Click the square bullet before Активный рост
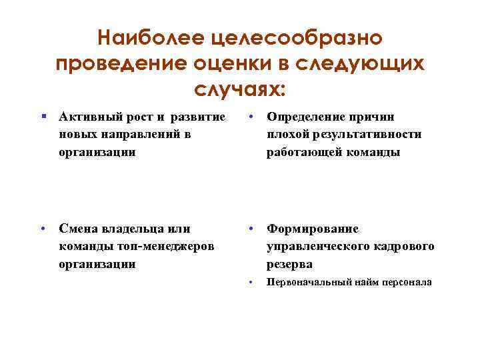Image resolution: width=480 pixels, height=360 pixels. pyautogui.click(x=43, y=117)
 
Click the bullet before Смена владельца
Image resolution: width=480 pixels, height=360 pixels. pyautogui.click(x=43, y=229)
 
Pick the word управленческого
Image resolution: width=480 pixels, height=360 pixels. pyautogui.click(x=321, y=246)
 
